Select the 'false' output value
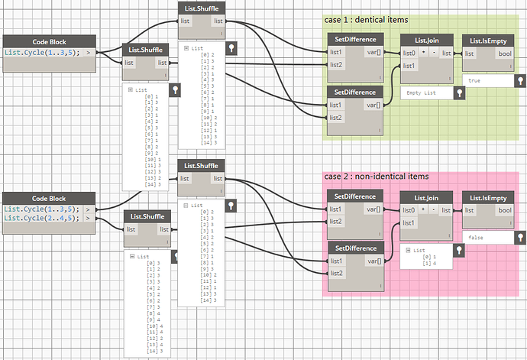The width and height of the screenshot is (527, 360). pyautogui.click(x=475, y=238)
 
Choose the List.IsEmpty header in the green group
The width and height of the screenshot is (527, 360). pyautogui.click(x=487, y=39)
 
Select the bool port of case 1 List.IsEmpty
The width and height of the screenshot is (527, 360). pyautogui.click(x=505, y=53)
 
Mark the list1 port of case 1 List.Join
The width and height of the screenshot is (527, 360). pyautogui.click(x=409, y=65)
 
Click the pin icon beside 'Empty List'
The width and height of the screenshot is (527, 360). pyautogui.click(x=458, y=92)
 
